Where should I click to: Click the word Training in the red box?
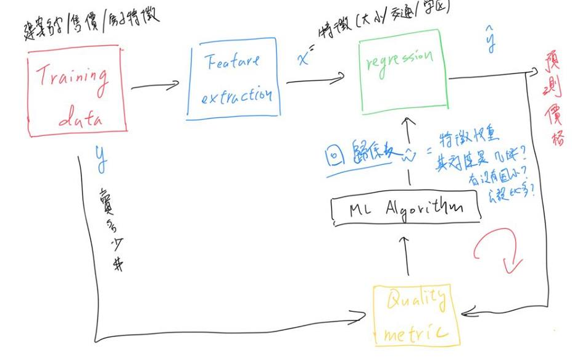(72, 78)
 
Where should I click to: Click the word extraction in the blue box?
(233, 96)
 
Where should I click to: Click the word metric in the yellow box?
(416, 333)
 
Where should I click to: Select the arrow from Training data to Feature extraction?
(155, 85)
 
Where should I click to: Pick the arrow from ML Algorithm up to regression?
(407, 157)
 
